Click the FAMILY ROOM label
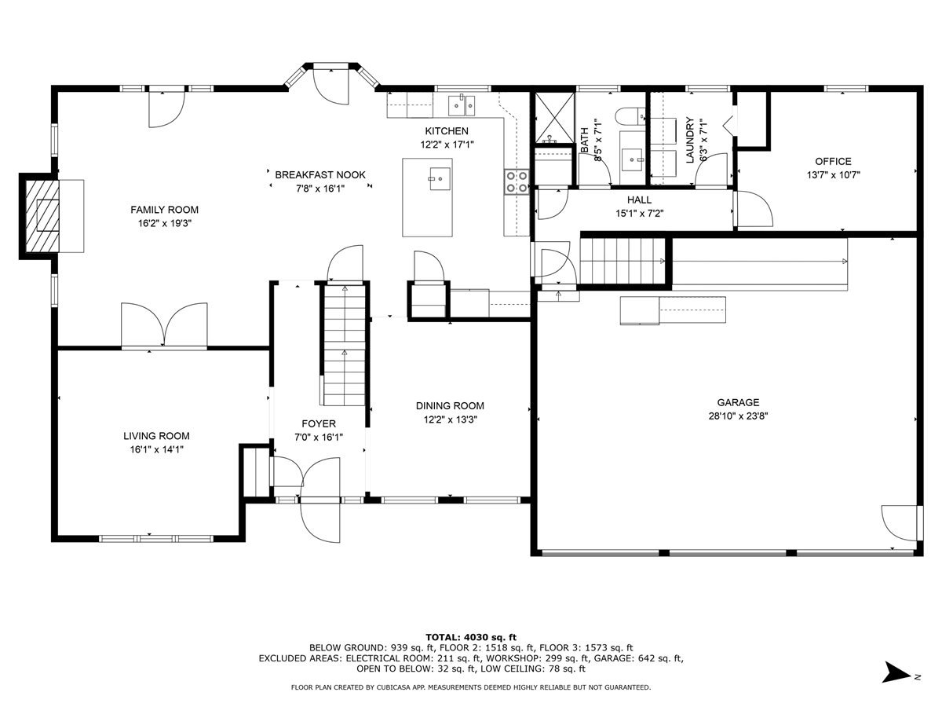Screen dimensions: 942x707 click(x=164, y=210)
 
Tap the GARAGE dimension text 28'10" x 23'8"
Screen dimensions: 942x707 click(x=738, y=416)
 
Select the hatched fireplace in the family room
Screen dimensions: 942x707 click(x=42, y=216)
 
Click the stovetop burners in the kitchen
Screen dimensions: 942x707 click(x=517, y=182)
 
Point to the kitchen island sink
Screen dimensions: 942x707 click(x=439, y=178)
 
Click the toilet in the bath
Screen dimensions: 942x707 click(x=630, y=116)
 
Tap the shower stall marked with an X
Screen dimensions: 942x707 click(x=554, y=117)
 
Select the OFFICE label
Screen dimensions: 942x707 click(x=833, y=161)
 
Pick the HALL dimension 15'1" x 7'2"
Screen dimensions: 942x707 click(x=640, y=214)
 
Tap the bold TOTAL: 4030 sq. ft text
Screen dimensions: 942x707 click(x=471, y=637)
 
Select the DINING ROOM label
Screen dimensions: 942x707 click(x=450, y=405)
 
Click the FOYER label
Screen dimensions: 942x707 click(x=319, y=423)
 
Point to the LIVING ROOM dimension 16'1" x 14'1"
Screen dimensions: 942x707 click(x=157, y=449)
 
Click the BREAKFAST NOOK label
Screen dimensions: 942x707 click(x=320, y=174)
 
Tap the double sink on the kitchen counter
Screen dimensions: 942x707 click(x=462, y=105)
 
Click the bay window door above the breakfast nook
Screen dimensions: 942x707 click(x=331, y=86)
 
